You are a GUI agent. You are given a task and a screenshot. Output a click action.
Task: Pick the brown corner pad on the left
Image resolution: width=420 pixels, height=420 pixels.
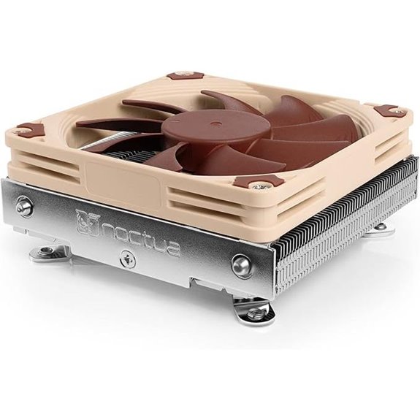point(25,130)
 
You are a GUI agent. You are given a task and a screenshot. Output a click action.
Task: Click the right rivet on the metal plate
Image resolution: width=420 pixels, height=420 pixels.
point(242,264)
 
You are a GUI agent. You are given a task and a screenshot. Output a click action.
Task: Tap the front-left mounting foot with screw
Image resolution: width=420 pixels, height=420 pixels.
point(47,253)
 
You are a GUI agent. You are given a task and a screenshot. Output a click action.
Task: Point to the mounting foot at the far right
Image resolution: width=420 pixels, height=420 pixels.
point(380,227)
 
